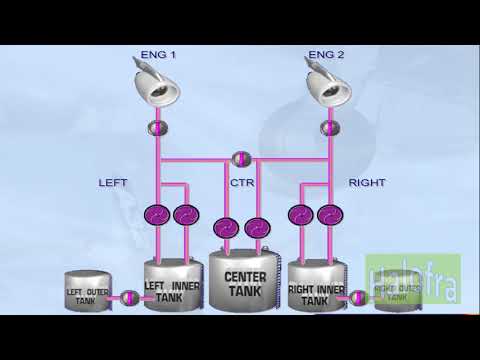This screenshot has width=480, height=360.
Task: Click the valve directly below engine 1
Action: (157, 130)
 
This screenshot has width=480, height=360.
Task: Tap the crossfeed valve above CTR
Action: (241, 158)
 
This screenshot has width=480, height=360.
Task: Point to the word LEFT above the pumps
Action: (113, 184)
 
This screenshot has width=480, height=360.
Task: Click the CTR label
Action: (241, 184)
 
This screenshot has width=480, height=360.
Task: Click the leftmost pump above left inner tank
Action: (157, 214)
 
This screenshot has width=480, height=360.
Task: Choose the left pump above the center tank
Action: (227, 227)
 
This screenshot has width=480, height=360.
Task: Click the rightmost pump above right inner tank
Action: (326, 214)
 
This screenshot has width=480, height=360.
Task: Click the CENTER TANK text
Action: (245, 283)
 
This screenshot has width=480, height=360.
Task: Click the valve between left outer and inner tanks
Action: (128, 298)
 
